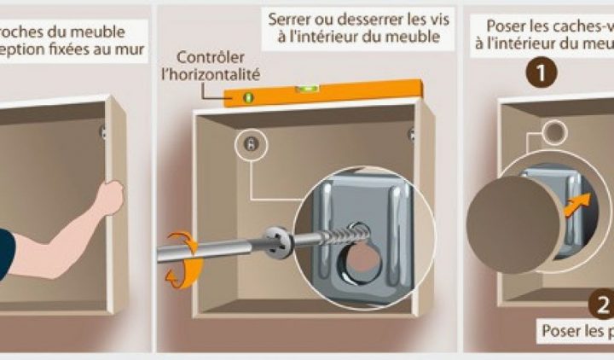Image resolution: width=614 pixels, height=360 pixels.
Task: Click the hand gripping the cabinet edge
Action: tap(109, 198)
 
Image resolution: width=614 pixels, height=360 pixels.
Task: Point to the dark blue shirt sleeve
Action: tap(4, 249)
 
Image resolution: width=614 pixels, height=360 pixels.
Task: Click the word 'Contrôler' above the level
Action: tap(206, 58)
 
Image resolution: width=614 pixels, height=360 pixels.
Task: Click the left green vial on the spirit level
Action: tap(250, 96)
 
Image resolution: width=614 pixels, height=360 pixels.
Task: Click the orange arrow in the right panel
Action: tap(576, 206)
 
